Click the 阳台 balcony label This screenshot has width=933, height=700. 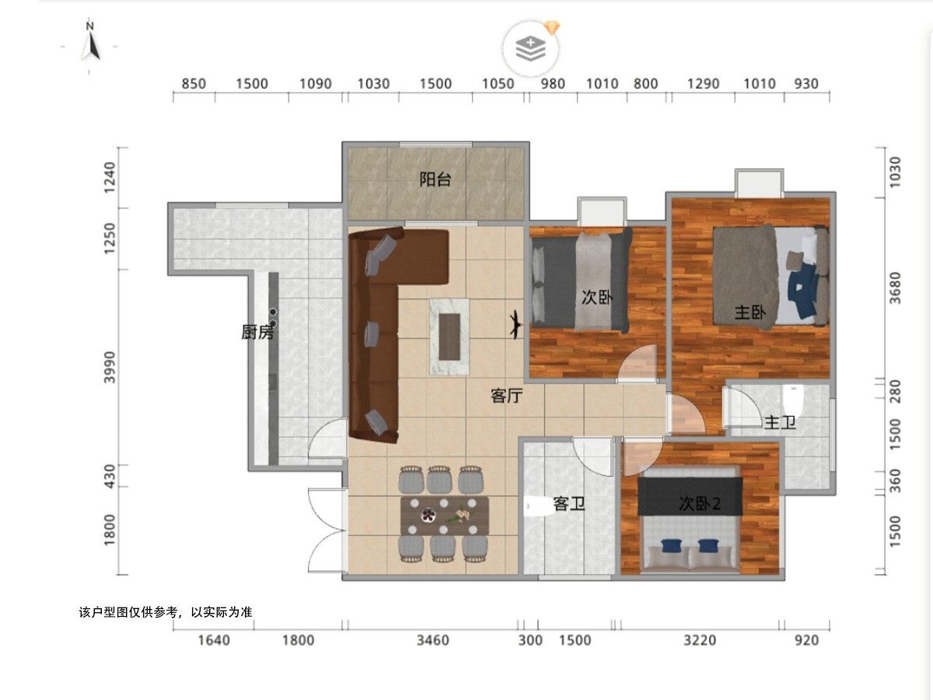pos(435,179)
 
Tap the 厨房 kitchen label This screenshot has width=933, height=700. pos(257,332)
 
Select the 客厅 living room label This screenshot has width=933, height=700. pos(506,395)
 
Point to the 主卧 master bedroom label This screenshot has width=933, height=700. pos(750,313)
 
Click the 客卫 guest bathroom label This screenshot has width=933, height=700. pos(568,504)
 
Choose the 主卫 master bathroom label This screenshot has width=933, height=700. pos(780,422)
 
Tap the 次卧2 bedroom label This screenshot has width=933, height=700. pos(700,504)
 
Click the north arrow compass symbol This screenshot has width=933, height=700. pos(90,43)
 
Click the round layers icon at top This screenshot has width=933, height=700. pos(530,48)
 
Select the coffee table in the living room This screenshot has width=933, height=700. pos(449,337)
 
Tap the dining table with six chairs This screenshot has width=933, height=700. pos(444,515)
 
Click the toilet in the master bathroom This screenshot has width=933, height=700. pos(793,401)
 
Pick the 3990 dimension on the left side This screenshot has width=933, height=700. pos(110,367)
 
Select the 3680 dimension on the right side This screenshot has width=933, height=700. pos(895,288)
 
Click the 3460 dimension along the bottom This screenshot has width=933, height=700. pos(433,640)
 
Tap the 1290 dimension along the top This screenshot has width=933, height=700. pos(704,84)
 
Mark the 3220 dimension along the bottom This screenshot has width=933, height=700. pos(700,640)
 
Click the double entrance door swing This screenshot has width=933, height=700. pos(327,530)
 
